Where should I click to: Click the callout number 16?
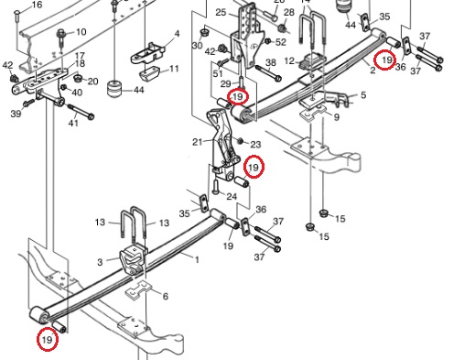(37, 5)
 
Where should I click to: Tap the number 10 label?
(81, 32)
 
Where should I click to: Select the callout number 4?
(177, 34)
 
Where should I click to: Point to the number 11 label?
(174, 69)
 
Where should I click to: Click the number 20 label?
(93, 82)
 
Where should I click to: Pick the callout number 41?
(73, 123)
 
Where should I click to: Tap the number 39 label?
(16, 114)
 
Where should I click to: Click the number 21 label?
(198, 142)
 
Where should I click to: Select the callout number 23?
(256, 145)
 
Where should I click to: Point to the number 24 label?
(232, 196)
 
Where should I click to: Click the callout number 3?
(100, 262)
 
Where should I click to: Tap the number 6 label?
(166, 296)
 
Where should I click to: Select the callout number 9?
(337, 117)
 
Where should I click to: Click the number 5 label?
(363, 95)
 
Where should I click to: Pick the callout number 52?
(281, 42)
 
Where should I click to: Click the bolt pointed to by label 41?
(81, 112)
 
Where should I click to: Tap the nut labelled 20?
(78, 78)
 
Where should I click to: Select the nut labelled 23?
(240, 141)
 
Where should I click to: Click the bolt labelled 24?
(215, 187)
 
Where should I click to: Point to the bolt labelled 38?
(268, 73)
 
